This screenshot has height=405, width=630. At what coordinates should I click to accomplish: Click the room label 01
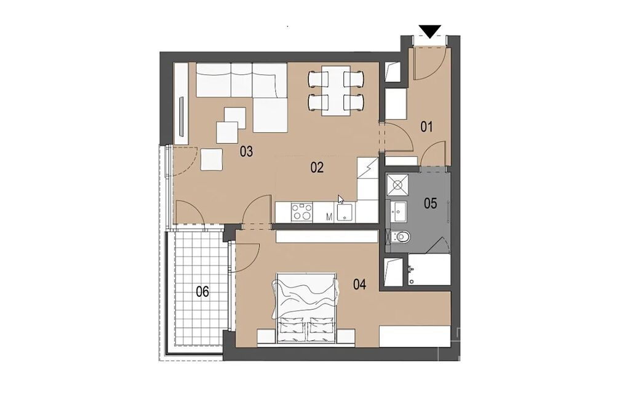426,127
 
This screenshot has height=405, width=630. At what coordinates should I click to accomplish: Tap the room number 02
317,167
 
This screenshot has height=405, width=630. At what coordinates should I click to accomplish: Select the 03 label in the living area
246,152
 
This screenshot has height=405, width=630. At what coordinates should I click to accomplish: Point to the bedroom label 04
359,285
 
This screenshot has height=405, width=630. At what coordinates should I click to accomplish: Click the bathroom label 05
430,203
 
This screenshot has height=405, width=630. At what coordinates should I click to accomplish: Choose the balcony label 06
202,292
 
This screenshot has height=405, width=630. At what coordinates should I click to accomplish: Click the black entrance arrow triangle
430,32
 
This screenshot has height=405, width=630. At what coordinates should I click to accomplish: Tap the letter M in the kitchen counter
330,217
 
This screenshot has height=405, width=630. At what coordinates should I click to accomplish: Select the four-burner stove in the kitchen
301,211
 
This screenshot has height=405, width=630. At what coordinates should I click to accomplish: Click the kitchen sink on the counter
345,212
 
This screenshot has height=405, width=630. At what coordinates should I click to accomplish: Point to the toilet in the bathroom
399,237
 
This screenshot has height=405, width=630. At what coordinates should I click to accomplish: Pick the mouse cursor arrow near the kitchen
341,200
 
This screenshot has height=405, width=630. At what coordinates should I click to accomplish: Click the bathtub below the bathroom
428,269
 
